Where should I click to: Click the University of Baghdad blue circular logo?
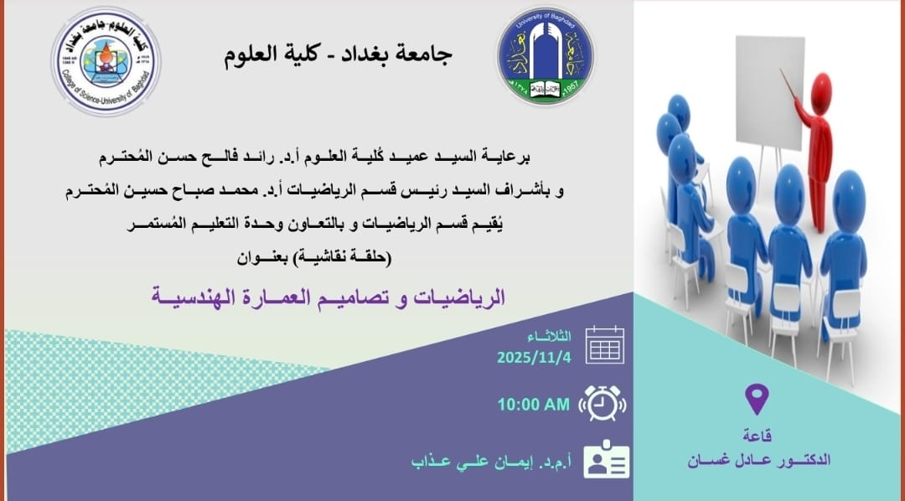point(546,56)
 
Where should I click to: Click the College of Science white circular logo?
point(106,61)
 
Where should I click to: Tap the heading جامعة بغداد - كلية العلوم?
point(339,54)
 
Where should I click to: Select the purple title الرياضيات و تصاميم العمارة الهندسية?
point(328,297)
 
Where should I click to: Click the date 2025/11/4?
point(534,358)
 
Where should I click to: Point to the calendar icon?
point(605,344)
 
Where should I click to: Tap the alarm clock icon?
point(602,403)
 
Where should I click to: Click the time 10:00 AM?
point(534,405)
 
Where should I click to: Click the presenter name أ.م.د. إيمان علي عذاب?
point(491,462)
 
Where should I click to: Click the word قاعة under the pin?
point(758,435)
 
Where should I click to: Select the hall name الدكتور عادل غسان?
point(758,460)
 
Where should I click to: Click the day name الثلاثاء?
point(549,337)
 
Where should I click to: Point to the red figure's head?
point(820,94)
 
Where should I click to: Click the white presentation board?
point(769,92)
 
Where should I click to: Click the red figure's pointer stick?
point(789,85)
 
